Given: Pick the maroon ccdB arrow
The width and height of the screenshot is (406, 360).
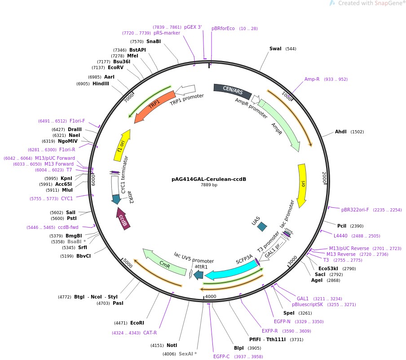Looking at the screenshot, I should pos(123,220).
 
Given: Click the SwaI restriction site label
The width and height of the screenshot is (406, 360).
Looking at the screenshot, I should pos(275,48).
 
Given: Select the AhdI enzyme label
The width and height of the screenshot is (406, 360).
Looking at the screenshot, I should pos(341,132).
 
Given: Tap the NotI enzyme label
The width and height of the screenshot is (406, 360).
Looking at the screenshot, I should pos(172,346).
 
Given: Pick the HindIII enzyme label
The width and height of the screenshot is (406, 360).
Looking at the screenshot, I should pos(101,83).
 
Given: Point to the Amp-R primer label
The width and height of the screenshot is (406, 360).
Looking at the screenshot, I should pos(312,79).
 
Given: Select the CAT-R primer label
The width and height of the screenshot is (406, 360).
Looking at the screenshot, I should pos(150,333).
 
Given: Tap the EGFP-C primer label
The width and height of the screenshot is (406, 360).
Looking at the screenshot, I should pos(221,356).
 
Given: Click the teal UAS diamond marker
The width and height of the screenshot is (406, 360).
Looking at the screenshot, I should pos(261,227).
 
